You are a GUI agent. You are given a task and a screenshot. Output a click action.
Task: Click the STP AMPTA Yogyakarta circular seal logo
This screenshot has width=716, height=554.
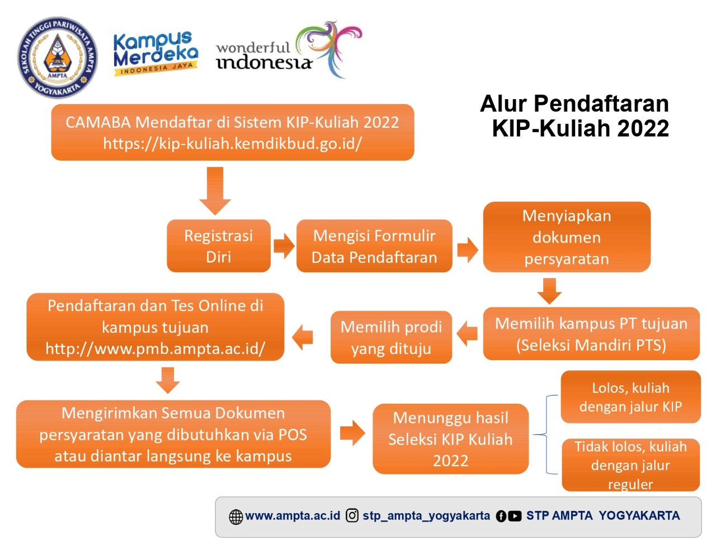[57, 58]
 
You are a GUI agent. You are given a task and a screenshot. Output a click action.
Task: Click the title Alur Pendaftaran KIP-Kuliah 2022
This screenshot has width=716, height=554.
[575, 116]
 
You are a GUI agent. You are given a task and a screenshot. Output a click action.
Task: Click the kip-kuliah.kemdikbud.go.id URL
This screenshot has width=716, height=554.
[232, 143]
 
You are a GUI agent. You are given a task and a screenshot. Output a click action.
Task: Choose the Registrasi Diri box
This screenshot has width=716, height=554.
[218, 246]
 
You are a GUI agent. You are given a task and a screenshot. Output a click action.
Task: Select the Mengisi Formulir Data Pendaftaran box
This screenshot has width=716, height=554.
[374, 246]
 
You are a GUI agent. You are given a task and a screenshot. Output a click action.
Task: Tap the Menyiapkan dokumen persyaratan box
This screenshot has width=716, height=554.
[566, 237]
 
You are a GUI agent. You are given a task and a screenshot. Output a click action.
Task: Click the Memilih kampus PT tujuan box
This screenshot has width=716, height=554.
[591, 333]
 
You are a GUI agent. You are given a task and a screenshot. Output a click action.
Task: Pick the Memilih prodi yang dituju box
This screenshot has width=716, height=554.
[391, 337]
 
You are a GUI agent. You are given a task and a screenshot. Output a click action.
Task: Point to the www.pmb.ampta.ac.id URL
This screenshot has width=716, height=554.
[155, 348]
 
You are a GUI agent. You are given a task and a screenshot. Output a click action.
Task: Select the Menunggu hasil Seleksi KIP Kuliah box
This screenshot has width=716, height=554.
[450, 439]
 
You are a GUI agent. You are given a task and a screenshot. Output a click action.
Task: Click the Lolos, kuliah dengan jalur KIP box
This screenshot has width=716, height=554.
[630, 397]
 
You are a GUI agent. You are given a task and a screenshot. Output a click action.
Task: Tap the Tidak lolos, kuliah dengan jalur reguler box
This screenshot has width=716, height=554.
[630, 465]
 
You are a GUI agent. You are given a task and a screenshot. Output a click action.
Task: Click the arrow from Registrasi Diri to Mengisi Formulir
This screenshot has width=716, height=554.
[284, 246]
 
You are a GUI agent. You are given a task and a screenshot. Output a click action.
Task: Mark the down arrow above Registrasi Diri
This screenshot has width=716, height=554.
[215, 190]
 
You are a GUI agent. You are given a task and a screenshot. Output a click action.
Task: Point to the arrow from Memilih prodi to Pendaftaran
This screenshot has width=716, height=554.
[303, 337]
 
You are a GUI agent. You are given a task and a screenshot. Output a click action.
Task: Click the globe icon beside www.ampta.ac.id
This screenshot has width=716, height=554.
[236, 516]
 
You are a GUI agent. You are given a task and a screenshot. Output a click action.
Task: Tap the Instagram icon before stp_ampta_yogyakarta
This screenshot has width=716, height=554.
[352, 515]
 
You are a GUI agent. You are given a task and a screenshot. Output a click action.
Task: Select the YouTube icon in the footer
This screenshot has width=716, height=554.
[515, 516]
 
